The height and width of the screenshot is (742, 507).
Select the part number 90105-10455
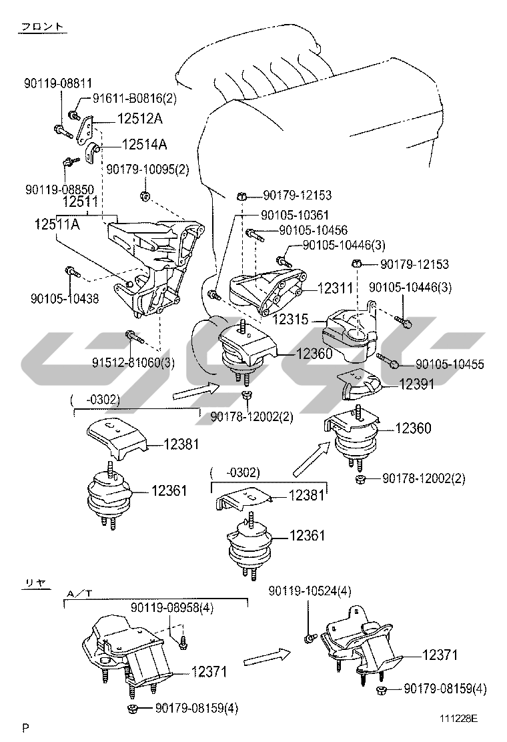[450, 364]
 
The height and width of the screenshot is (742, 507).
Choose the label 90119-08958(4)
[172, 608]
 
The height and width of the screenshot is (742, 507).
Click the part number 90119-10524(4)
[310, 591]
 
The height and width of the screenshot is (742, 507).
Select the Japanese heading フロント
[43, 27]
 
